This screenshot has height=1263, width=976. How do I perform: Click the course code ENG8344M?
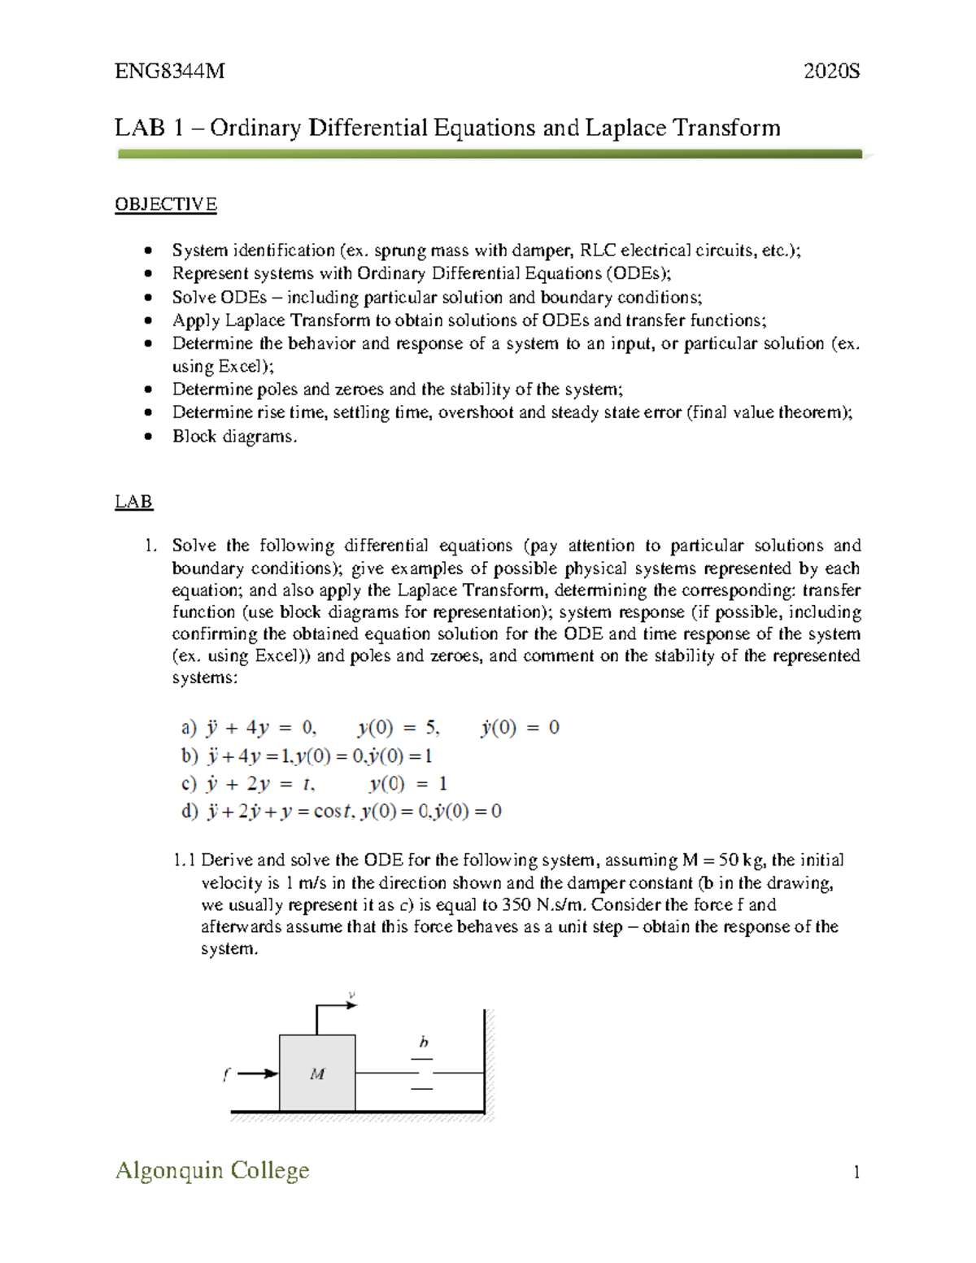click(169, 72)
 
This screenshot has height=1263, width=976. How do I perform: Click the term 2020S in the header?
click(831, 72)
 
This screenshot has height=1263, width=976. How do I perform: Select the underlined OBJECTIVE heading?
click(166, 204)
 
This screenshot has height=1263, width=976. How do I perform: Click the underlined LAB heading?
click(133, 502)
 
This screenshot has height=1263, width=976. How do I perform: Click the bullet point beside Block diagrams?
click(147, 437)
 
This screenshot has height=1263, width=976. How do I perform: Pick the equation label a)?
click(189, 728)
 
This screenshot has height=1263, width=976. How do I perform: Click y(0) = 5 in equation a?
click(399, 728)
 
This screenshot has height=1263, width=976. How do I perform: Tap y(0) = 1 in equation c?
click(407, 784)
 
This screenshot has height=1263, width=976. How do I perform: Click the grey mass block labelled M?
click(317, 1074)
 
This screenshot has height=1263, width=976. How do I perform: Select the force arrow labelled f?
click(257, 1074)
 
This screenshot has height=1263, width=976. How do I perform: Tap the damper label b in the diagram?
click(423, 1043)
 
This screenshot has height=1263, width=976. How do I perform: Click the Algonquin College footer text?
click(212, 1170)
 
